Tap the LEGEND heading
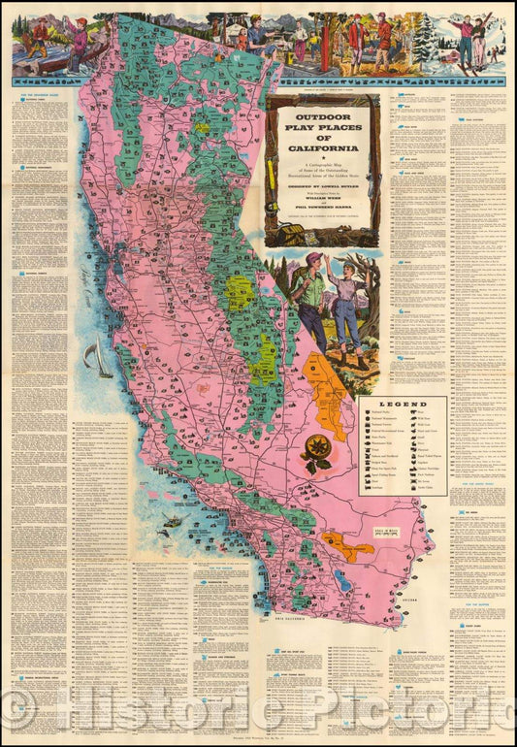[x=402, y=405]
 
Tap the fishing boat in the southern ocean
[x=172, y=521]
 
